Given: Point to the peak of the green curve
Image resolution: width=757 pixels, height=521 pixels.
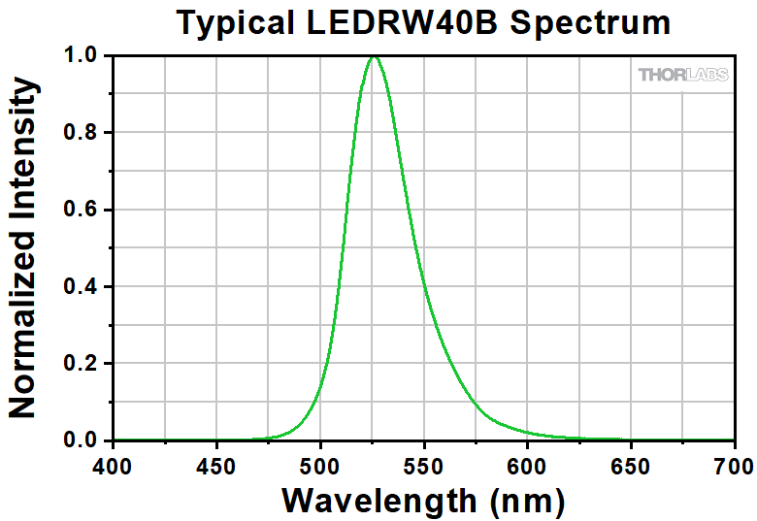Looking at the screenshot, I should point(374,56).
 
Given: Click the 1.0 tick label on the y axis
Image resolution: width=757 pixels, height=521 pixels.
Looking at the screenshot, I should point(82,56).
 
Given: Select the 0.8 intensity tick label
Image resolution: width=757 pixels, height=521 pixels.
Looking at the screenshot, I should point(82,133).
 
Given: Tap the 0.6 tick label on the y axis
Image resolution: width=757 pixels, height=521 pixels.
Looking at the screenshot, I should point(82,210).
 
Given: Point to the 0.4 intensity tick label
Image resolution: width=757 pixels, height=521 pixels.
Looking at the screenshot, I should point(82,287).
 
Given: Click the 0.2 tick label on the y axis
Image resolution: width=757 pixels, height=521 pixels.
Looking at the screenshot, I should point(82,364).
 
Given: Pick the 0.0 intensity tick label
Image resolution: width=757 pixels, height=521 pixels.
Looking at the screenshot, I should point(82,440).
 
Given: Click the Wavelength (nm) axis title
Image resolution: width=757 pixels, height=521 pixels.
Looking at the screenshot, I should point(422,500).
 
